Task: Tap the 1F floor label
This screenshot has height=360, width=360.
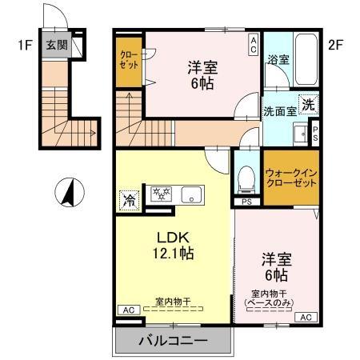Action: (22, 45)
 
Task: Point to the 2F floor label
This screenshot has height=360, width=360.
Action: (336, 45)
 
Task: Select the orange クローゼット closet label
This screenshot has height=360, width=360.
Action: (128, 61)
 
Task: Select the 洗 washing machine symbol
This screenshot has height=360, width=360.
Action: (309, 103)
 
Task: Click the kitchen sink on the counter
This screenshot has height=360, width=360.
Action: (192, 194)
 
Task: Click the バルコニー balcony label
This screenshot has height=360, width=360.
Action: (174, 339)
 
